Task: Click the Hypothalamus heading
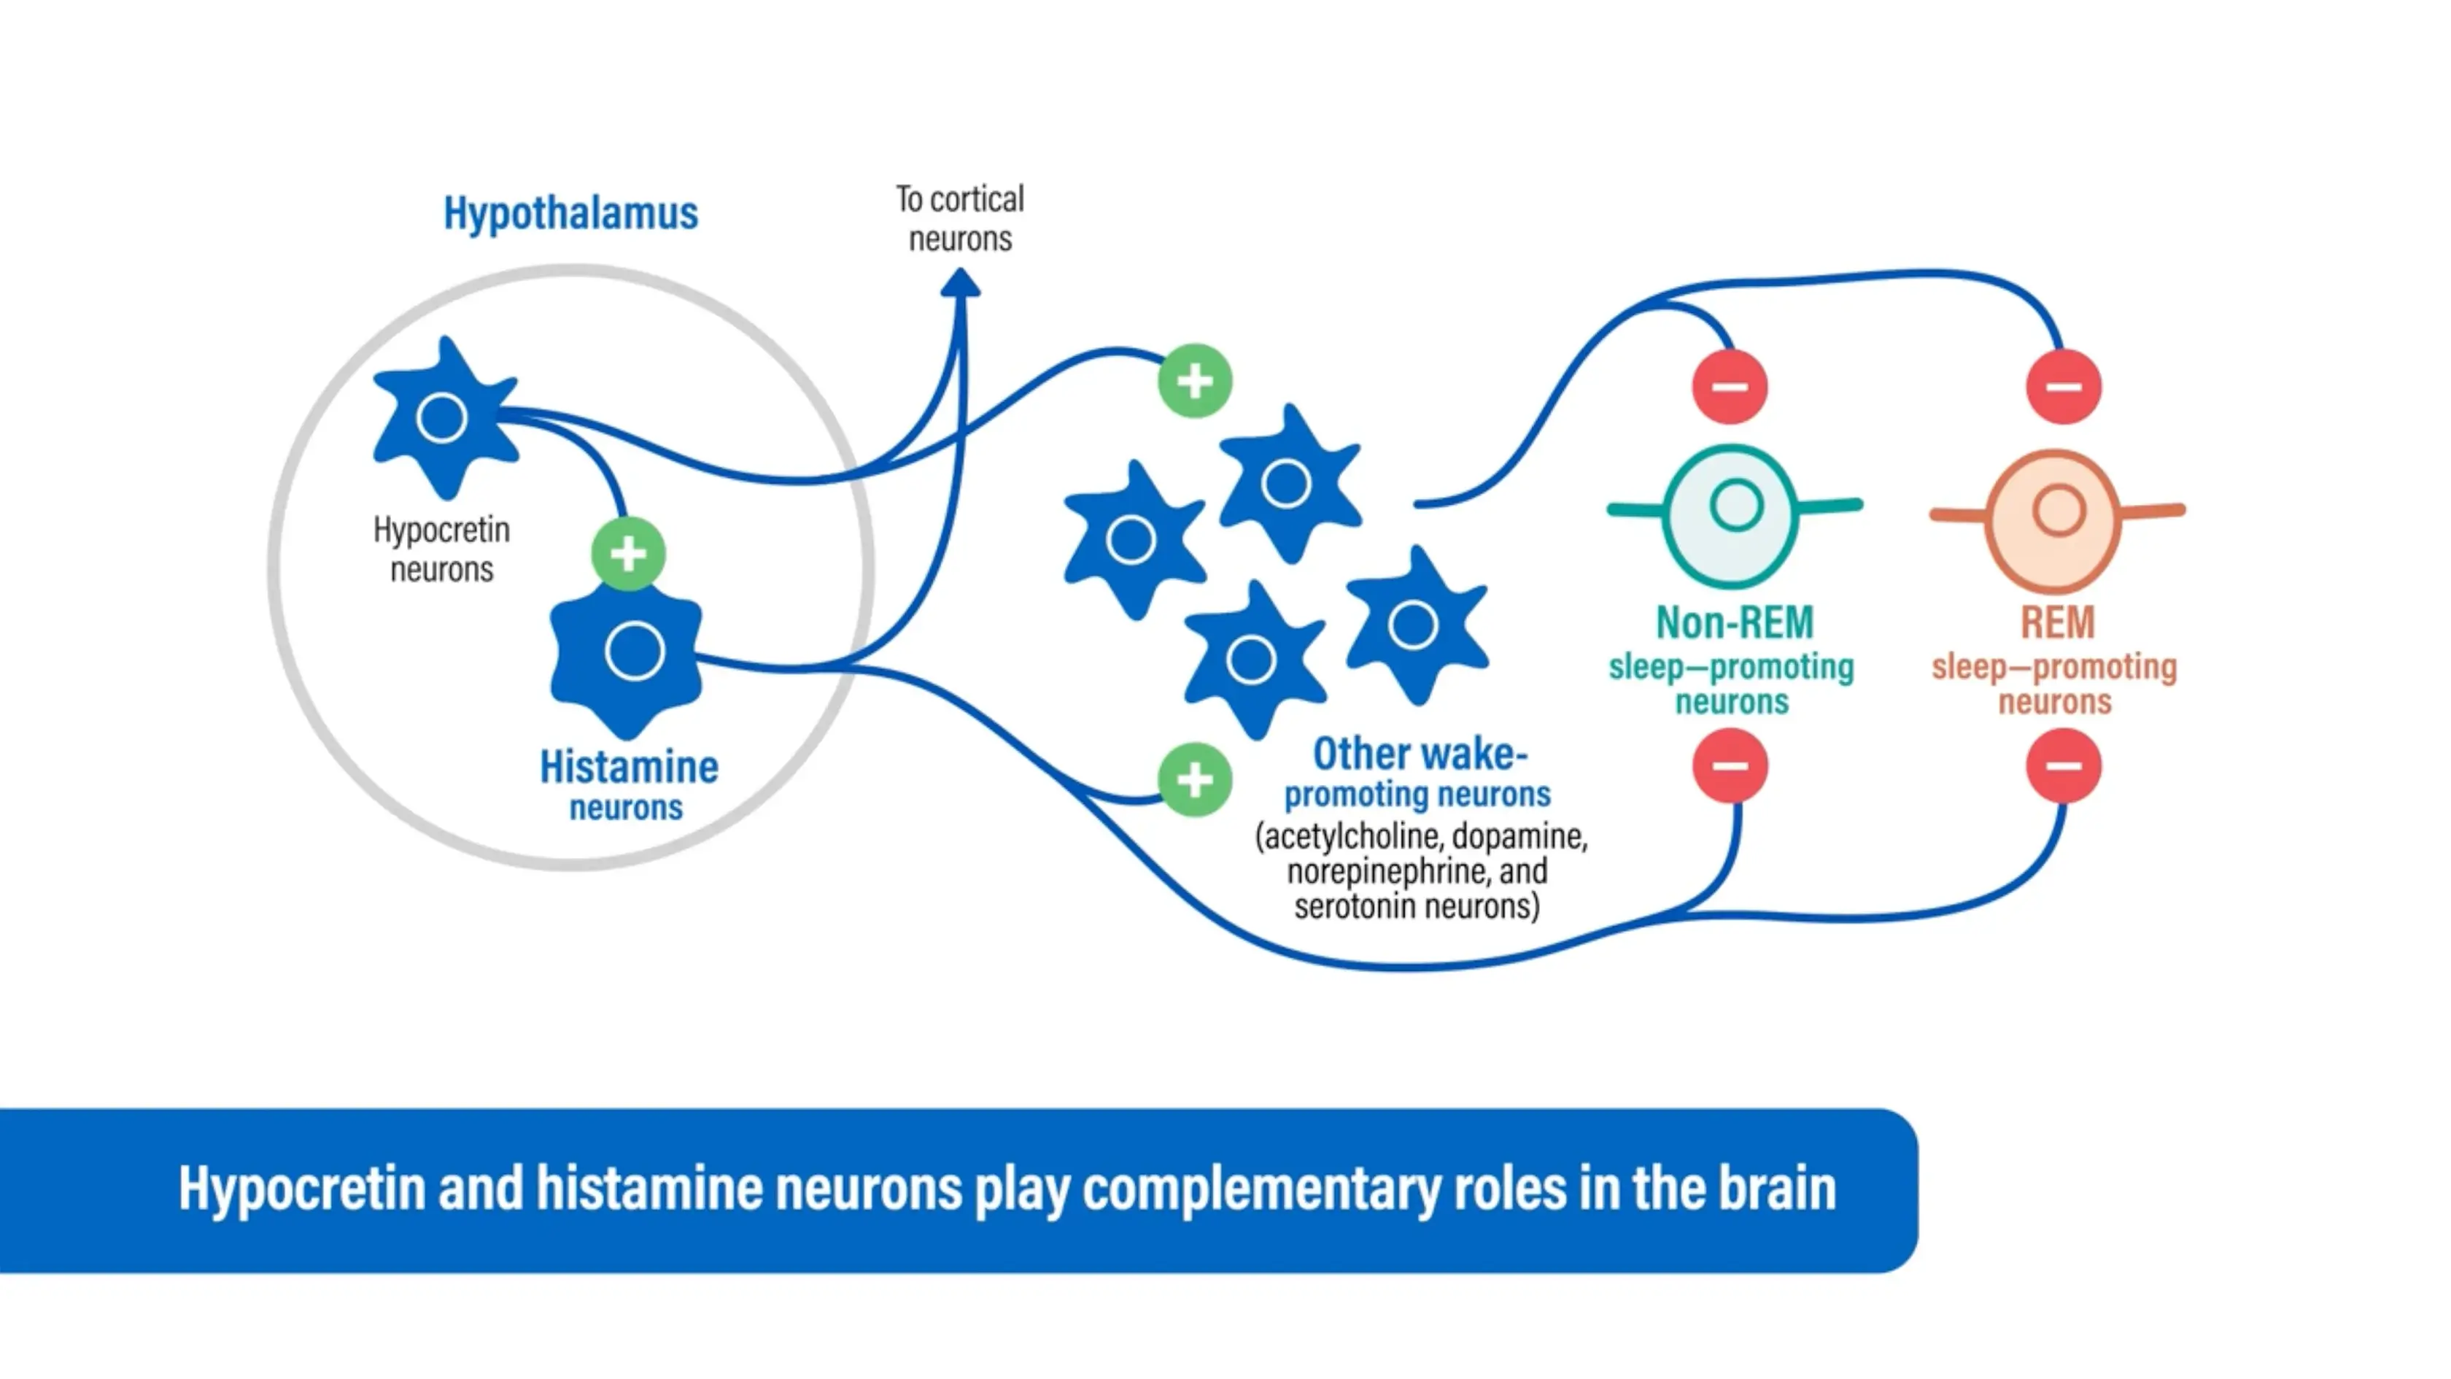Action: (571, 213)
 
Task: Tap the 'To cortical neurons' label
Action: (960, 219)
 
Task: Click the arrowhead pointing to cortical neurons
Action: (960, 284)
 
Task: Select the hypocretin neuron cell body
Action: (443, 419)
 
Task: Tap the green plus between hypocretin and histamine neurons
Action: (628, 554)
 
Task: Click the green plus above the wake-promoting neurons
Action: (1195, 382)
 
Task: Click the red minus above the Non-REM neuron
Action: (1730, 387)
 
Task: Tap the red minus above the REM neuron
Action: (2063, 387)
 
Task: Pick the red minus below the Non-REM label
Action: (1730, 766)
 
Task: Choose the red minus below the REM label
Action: (2063, 766)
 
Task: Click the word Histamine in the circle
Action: (629, 767)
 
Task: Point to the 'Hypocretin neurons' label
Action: (441, 550)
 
